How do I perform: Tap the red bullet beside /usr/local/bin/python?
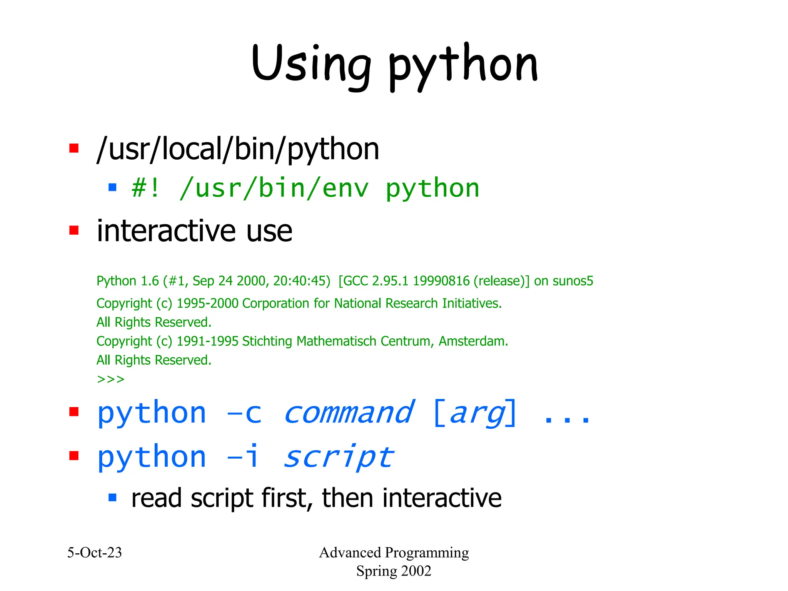click(74, 148)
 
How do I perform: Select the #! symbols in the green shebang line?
click(145, 189)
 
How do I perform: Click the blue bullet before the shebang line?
click(112, 187)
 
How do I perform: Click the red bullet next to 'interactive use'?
click(74, 230)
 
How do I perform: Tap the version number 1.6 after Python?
click(150, 281)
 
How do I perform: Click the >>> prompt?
click(111, 379)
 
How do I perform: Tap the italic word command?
click(349, 413)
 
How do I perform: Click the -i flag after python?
click(243, 457)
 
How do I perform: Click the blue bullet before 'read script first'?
click(112, 498)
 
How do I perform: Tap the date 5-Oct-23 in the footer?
click(95, 553)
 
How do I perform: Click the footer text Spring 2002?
click(394, 571)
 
